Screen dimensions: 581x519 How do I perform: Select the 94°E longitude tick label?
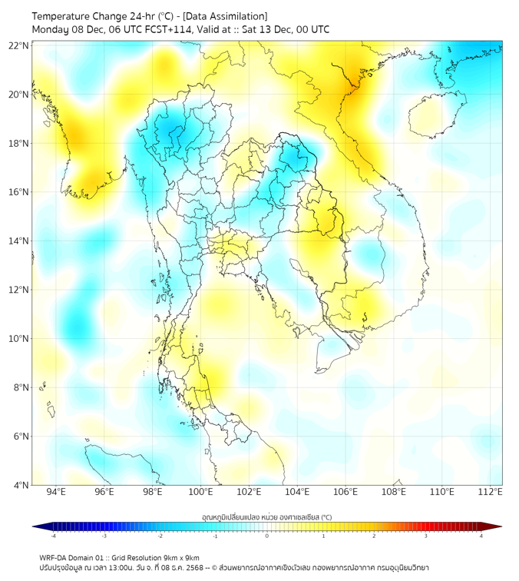tap(56, 492)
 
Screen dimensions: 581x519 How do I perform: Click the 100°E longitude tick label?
tap(201, 492)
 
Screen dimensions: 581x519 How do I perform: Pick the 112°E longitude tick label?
tap(491, 492)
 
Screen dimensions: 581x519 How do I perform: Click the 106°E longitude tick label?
tap(345, 492)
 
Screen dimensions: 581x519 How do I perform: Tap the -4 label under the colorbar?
tap(53, 536)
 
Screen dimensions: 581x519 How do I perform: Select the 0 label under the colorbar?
tap(267, 536)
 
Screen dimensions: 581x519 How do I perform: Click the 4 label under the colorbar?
tap(481, 536)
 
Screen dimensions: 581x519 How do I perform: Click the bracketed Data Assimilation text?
tap(225, 16)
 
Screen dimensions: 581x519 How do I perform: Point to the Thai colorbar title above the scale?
tap(266, 516)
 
